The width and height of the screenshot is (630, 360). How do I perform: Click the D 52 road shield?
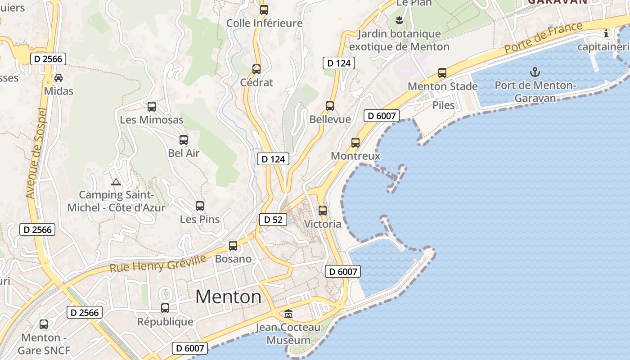pyautogui.click(x=273, y=220)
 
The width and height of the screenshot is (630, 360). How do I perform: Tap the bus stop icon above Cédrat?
pyautogui.click(x=256, y=69)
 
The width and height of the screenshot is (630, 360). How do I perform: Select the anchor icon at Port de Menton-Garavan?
pyautogui.click(x=535, y=72)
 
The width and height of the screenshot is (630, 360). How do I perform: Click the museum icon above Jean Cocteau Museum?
pyautogui.click(x=288, y=314)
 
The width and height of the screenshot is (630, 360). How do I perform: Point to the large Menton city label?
pyautogui.click(x=228, y=297)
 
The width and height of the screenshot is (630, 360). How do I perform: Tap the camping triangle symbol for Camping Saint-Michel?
pyautogui.click(x=116, y=182)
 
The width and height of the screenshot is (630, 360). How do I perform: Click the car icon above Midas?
pyautogui.click(x=58, y=77)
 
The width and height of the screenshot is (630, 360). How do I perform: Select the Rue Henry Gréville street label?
pyautogui.click(x=158, y=263)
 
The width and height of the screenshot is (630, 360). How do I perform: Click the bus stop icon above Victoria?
pyautogui.click(x=323, y=210)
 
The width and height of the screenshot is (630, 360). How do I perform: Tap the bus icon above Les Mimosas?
pyautogui.click(x=152, y=107)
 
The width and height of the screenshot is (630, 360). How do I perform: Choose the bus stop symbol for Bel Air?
pyautogui.click(x=184, y=140)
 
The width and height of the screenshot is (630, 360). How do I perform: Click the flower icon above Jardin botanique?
pyautogui.click(x=399, y=20)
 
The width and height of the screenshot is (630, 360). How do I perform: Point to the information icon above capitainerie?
pyautogui.click(x=606, y=33)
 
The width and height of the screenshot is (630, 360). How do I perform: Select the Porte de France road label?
pyautogui.click(x=544, y=37)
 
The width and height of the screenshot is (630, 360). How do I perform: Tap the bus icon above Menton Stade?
pyautogui.click(x=442, y=73)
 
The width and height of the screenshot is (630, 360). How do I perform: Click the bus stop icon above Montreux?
pyautogui.click(x=355, y=143)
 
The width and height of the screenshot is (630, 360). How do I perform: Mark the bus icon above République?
pyautogui.click(x=165, y=308)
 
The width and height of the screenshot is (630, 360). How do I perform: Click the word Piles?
pyautogui.click(x=444, y=105)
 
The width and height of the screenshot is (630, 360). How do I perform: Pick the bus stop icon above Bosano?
pyautogui.click(x=233, y=246)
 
